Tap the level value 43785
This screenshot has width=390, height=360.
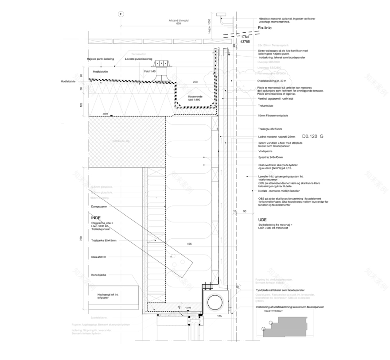pyautogui.click(x=245, y=42)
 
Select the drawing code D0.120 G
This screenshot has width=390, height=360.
pyautogui.click(x=312, y=137)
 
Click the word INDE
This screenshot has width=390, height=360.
pyautogui.click(x=96, y=217)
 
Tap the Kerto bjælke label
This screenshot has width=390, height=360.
pyautogui.click(x=98, y=275)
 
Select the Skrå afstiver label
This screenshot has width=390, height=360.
pyautogui.click(x=98, y=257)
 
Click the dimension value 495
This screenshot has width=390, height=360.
pyautogui.click(x=189, y=244)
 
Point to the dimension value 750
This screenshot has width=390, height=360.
pyautogui.click(x=80, y=239)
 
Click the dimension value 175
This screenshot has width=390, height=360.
pyautogui.click(x=219, y=316)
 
